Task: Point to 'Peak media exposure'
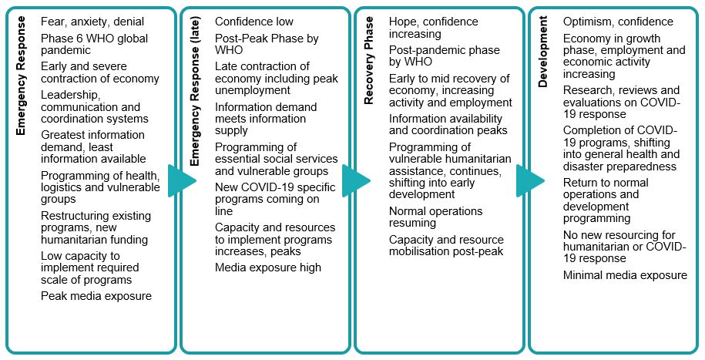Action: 96,296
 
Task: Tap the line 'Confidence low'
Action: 253,22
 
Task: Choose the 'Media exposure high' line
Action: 268,267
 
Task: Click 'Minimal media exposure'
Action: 625,275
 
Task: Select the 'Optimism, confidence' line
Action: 618,22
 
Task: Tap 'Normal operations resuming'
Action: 435,217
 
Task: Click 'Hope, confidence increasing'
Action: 433,28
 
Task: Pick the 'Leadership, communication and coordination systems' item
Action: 95,107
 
